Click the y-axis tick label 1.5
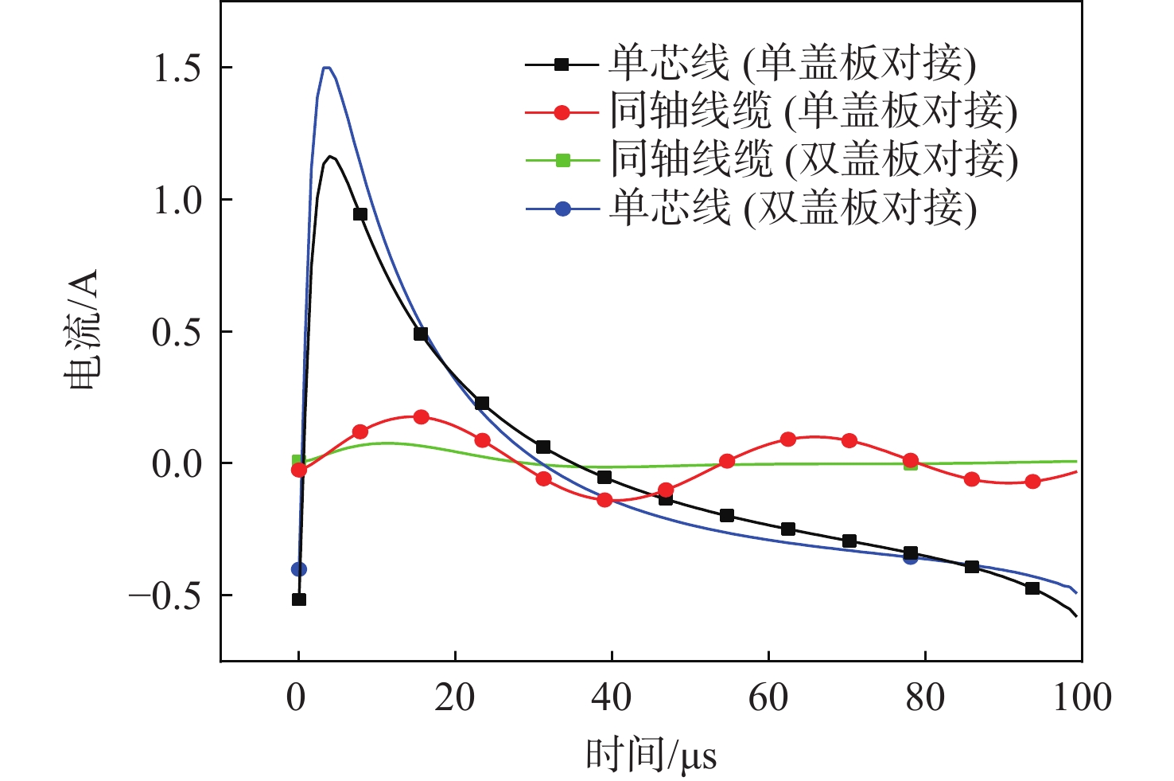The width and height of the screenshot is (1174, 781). tap(177, 68)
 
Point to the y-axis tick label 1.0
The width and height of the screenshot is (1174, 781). tap(177, 201)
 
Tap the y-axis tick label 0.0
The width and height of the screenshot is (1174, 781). tap(177, 464)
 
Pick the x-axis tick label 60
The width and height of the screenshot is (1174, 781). tap(768, 697)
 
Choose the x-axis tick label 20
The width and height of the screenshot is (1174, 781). tap(455, 697)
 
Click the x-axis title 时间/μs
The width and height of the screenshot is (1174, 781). tap(651, 755)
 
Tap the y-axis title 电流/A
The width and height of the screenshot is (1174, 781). tap(82, 330)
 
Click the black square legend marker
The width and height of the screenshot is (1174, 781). tap(562, 64)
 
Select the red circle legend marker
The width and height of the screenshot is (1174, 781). tap(562, 112)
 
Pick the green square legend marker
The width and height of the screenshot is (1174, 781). tap(562, 160)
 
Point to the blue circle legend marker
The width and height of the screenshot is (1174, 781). tap(562, 209)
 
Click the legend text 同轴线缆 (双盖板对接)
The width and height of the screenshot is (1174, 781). tap(814, 160)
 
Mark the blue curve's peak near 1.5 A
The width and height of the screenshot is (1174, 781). tap(326, 68)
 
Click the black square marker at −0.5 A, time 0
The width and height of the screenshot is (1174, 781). tap(299, 599)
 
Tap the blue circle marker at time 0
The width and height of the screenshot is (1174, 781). tap(299, 569)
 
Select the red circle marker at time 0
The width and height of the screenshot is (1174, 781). tap(299, 470)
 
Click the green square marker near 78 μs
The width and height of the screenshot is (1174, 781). tap(911, 464)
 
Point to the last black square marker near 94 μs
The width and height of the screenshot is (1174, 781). tap(1032, 588)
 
